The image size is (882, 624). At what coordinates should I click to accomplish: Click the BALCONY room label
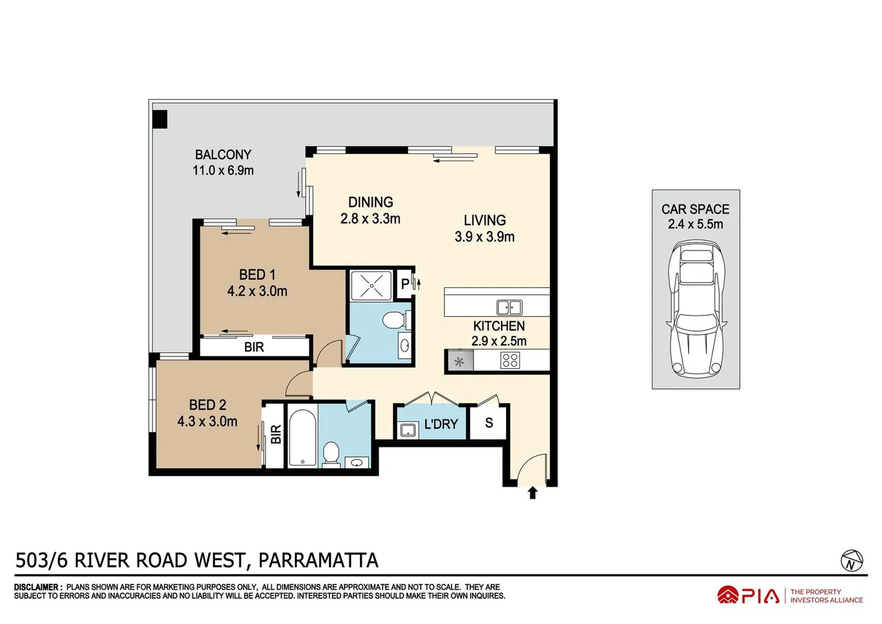[x=223, y=155]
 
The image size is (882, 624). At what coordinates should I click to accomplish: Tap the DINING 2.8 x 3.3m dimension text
[x=370, y=219]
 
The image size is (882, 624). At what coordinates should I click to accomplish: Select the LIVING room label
[x=484, y=220]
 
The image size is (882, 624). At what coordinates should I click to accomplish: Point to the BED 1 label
[x=257, y=274]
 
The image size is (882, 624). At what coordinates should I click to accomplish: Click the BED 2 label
[x=207, y=405]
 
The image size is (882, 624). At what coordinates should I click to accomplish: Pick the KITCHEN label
[x=499, y=326]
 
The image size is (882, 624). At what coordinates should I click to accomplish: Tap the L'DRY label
[x=440, y=424]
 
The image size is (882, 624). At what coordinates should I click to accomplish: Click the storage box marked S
[x=489, y=423]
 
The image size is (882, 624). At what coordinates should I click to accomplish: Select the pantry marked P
[x=405, y=284]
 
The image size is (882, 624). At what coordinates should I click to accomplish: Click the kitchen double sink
[x=509, y=307]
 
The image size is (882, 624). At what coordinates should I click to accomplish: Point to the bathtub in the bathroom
[x=302, y=437]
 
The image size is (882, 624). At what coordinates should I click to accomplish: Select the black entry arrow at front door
[x=532, y=493]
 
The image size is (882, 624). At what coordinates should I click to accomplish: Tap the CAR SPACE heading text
[x=695, y=209]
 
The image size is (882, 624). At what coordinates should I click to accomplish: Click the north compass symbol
[x=851, y=561]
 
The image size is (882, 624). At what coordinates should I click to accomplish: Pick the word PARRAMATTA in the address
[x=318, y=560]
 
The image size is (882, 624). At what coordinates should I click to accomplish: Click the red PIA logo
[x=748, y=595]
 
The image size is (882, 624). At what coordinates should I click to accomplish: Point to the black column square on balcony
[x=160, y=119]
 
